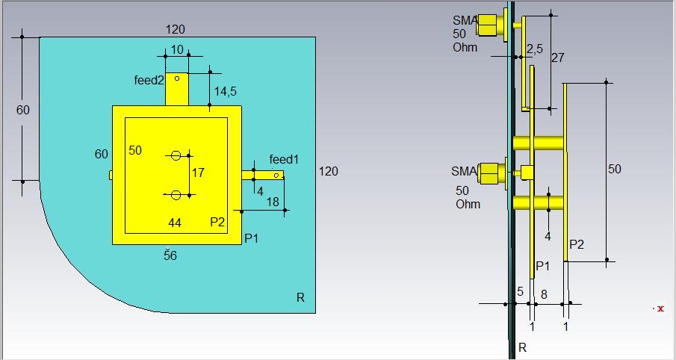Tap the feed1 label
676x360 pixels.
click(284, 160)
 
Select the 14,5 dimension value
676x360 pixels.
click(225, 91)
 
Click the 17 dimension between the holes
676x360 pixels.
click(198, 173)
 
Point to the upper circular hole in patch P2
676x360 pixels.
click(176, 155)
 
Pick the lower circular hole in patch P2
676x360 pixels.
click(176, 195)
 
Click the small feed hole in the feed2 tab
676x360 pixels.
click(177, 78)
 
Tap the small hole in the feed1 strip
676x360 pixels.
click(276, 175)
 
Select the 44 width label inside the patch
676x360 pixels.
click(175, 223)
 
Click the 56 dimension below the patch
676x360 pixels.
click(170, 255)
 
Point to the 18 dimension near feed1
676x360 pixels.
click(273, 202)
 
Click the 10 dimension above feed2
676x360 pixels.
click(177, 50)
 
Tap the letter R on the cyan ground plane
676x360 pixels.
click(300, 297)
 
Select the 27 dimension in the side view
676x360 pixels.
click(557, 58)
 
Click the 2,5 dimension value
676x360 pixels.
click(535, 49)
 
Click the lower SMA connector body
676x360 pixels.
click(491, 173)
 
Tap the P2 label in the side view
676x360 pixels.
click(577, 244)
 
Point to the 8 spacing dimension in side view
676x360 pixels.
click(544, 294)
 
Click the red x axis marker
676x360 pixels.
click(660, 308)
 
